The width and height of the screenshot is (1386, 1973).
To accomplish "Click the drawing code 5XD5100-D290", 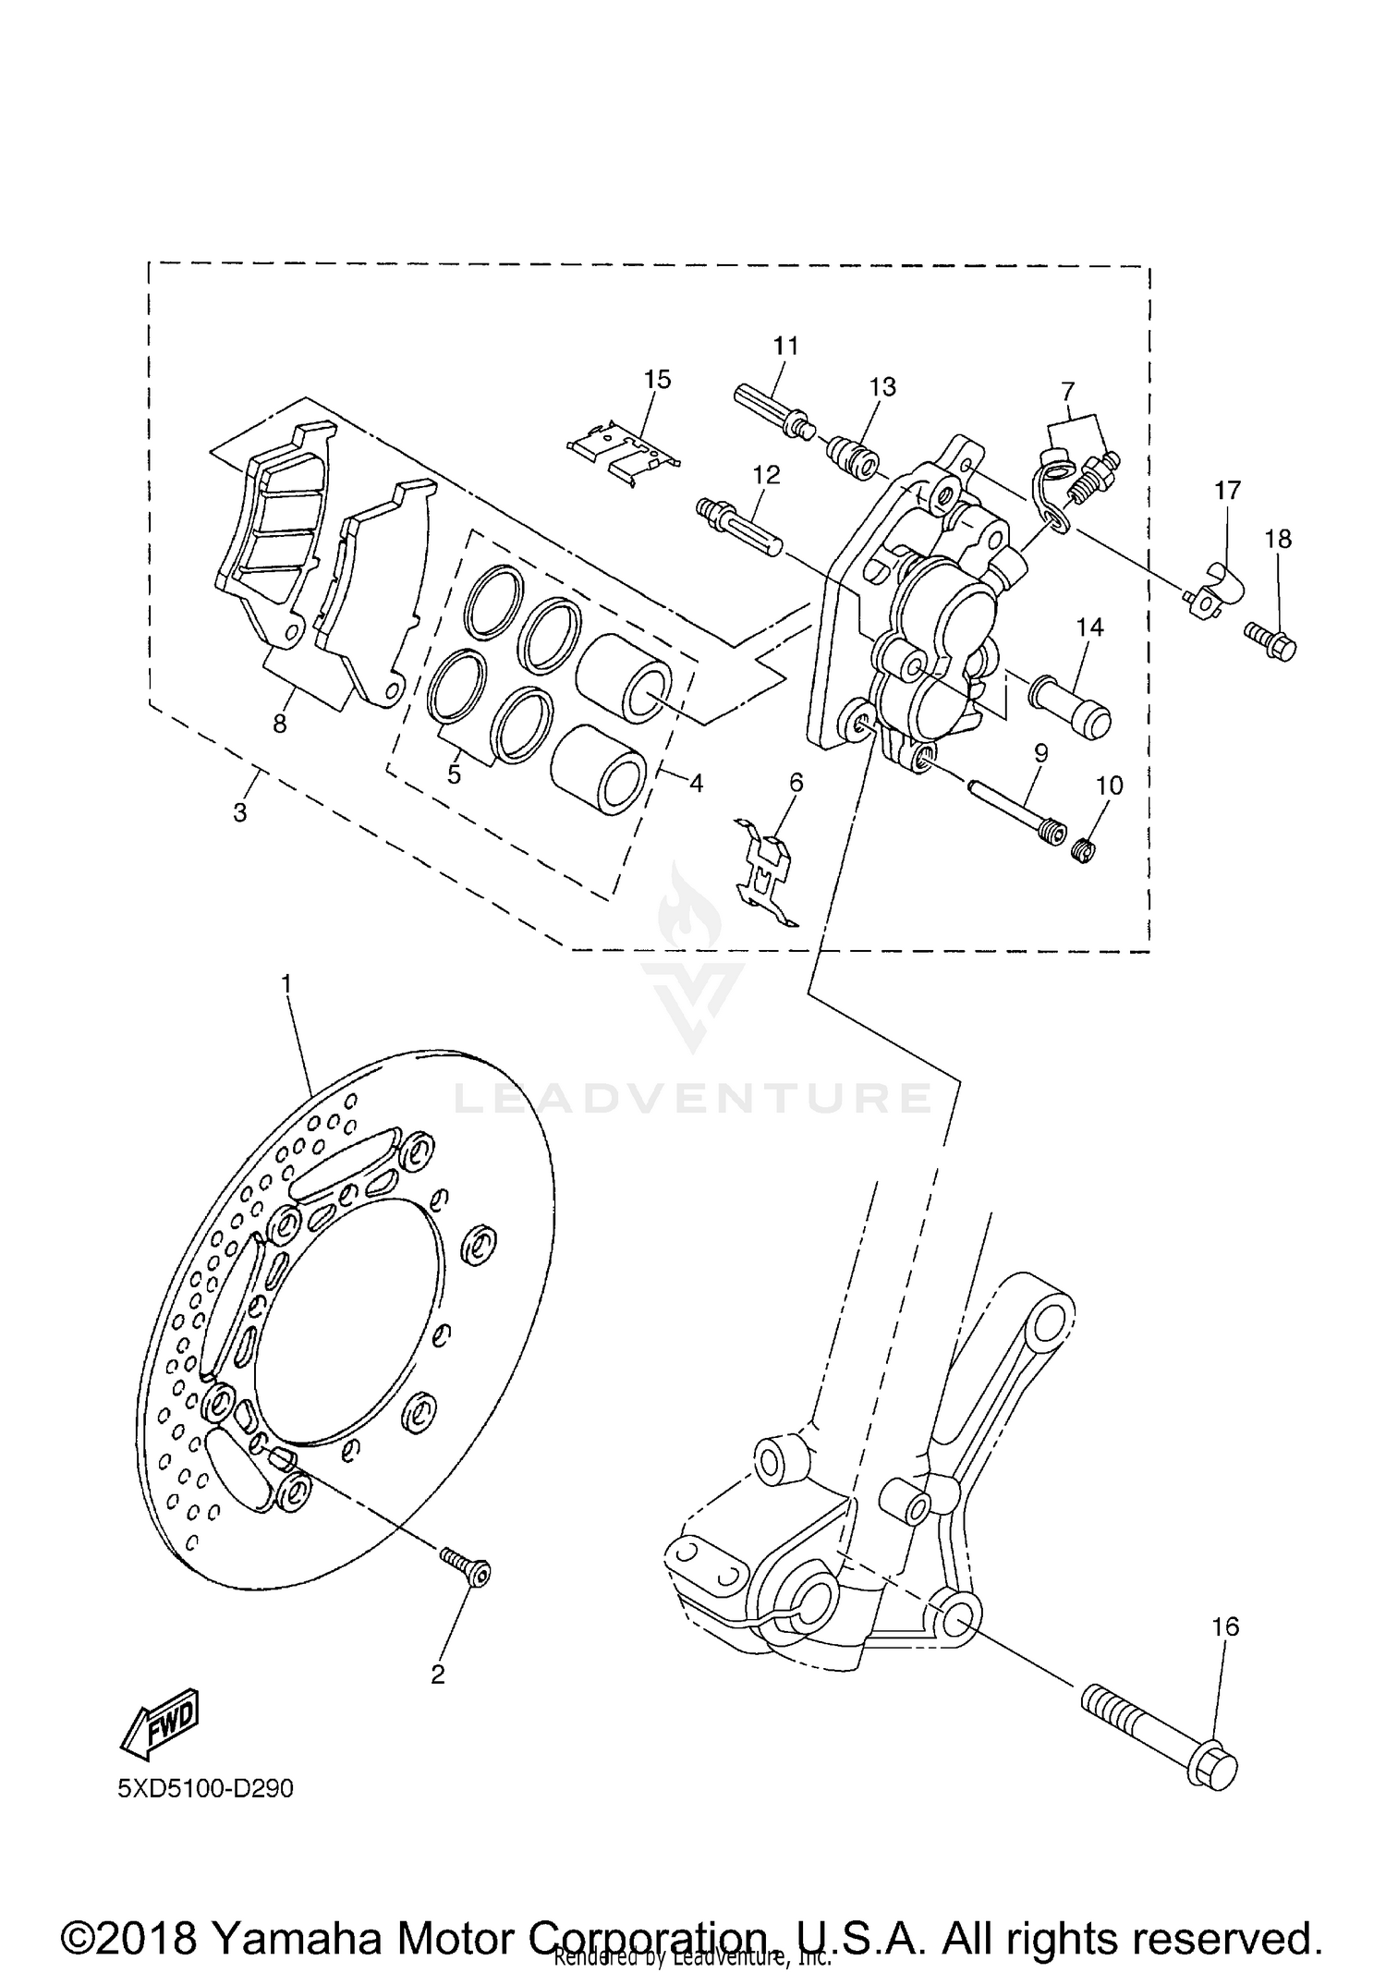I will (x=205, y=1789).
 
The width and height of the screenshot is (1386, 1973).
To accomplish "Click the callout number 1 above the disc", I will (x=286, y=984).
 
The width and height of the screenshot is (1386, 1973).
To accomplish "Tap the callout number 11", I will (x=785, y=346).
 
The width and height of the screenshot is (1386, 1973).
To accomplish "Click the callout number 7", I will (x=1068, y=390).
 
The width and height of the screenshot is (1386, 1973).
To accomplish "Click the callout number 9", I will (x=1040, y=753).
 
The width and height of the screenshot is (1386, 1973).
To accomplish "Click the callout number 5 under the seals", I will (x=454, y=774).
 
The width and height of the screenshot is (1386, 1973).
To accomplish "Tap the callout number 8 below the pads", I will (x=280, y=724).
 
